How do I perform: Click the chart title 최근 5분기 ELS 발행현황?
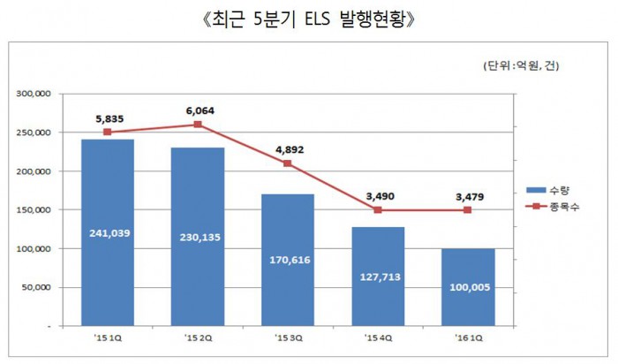coord(309,19)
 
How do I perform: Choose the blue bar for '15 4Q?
coord(378,292)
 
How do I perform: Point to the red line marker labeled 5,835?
coord(107,133)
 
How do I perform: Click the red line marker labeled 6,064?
coord(197,125)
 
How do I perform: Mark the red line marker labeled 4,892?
coord(288,163)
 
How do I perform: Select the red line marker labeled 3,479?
coord(468,210)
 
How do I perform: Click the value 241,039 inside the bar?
coord(107,233)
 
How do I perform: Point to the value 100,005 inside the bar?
coord(468,288)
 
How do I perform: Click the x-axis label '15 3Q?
coord(288,337)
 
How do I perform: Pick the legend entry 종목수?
coord(554,206)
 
